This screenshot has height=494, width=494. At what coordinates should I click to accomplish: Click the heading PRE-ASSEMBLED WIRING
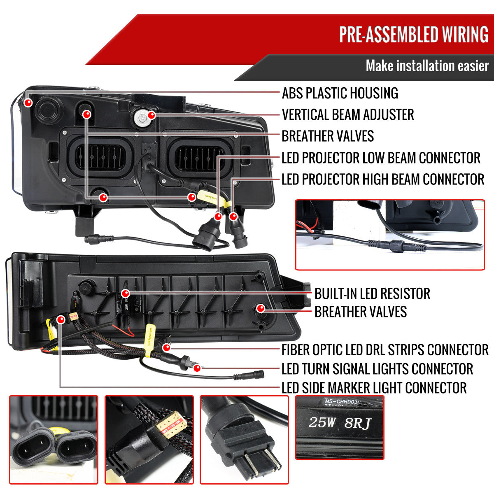coord(413,35)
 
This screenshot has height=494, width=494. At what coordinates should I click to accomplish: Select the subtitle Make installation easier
coord(427,66)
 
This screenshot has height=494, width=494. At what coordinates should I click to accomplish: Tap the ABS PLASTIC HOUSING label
coord(340,93)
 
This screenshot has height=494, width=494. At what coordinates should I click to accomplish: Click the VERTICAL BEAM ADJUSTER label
coord(348,114)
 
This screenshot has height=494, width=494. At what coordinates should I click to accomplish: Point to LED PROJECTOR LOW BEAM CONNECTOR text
coord(381,158)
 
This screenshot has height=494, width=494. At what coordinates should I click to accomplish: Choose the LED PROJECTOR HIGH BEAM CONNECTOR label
coord(383,179)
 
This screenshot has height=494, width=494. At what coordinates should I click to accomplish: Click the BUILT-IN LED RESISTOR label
coord(372,294)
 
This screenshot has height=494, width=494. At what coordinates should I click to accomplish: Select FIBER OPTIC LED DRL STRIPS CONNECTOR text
coord(385,350)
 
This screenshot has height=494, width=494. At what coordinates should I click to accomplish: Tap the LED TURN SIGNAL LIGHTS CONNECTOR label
coord(377,369)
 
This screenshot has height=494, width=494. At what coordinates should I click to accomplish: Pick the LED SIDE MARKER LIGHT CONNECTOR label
coord(374,388)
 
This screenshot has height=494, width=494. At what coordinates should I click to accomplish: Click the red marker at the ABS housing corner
coord(28,102)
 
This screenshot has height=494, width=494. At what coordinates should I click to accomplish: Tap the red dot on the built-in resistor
coord(126,294)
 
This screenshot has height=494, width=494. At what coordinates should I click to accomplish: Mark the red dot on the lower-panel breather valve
coord(260,308)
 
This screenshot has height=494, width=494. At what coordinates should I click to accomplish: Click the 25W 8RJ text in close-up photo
coord(340,423)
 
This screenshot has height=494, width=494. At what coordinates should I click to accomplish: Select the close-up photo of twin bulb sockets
coord(54,440)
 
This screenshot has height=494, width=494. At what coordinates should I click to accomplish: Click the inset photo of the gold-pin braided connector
coord(149,440)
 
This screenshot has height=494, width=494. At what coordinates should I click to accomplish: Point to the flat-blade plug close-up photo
coord(244,440)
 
